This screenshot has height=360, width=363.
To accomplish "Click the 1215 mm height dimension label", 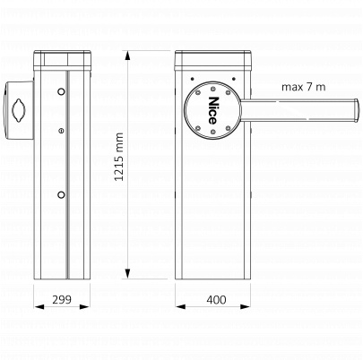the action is pos(119,157).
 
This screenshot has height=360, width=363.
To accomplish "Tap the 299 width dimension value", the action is pos(62,299).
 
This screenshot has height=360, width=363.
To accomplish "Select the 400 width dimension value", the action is pos(216,300).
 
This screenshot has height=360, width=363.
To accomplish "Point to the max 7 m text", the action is pos(304,87).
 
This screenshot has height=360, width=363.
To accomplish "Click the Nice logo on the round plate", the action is pos(212,110).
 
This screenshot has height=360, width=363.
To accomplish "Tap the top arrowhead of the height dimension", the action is pos(127,56).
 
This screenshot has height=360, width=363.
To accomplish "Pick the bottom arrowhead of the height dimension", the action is pos(127,274).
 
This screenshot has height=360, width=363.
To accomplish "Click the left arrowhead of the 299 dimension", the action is pos(39,306).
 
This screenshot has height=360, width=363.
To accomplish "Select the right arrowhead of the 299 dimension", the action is pos(85,306).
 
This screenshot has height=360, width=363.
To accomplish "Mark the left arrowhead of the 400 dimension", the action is pos(180,306).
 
